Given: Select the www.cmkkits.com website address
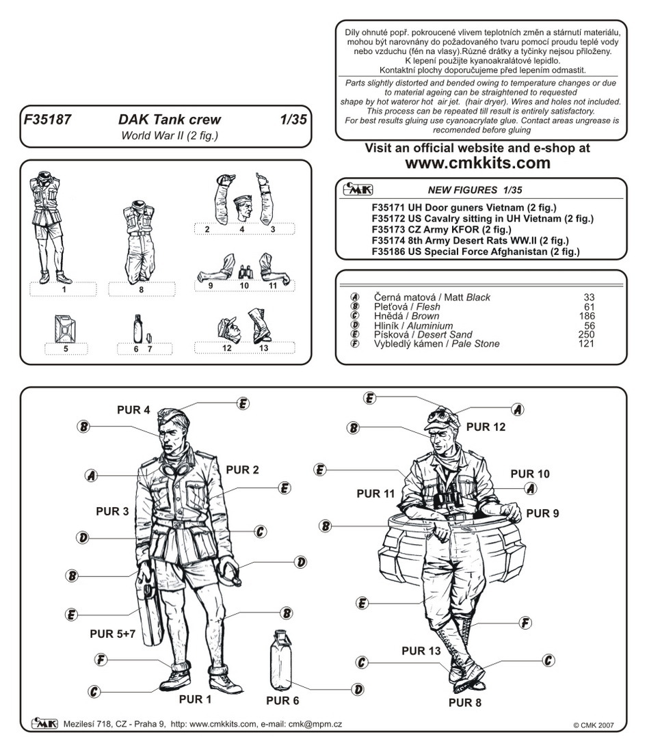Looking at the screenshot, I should pyautogui.click(x=477, y=163).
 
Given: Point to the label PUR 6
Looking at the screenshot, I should pyautogui.click(x=282, y=701).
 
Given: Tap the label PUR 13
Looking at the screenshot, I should pyautogui.click(x=420, y=651).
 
